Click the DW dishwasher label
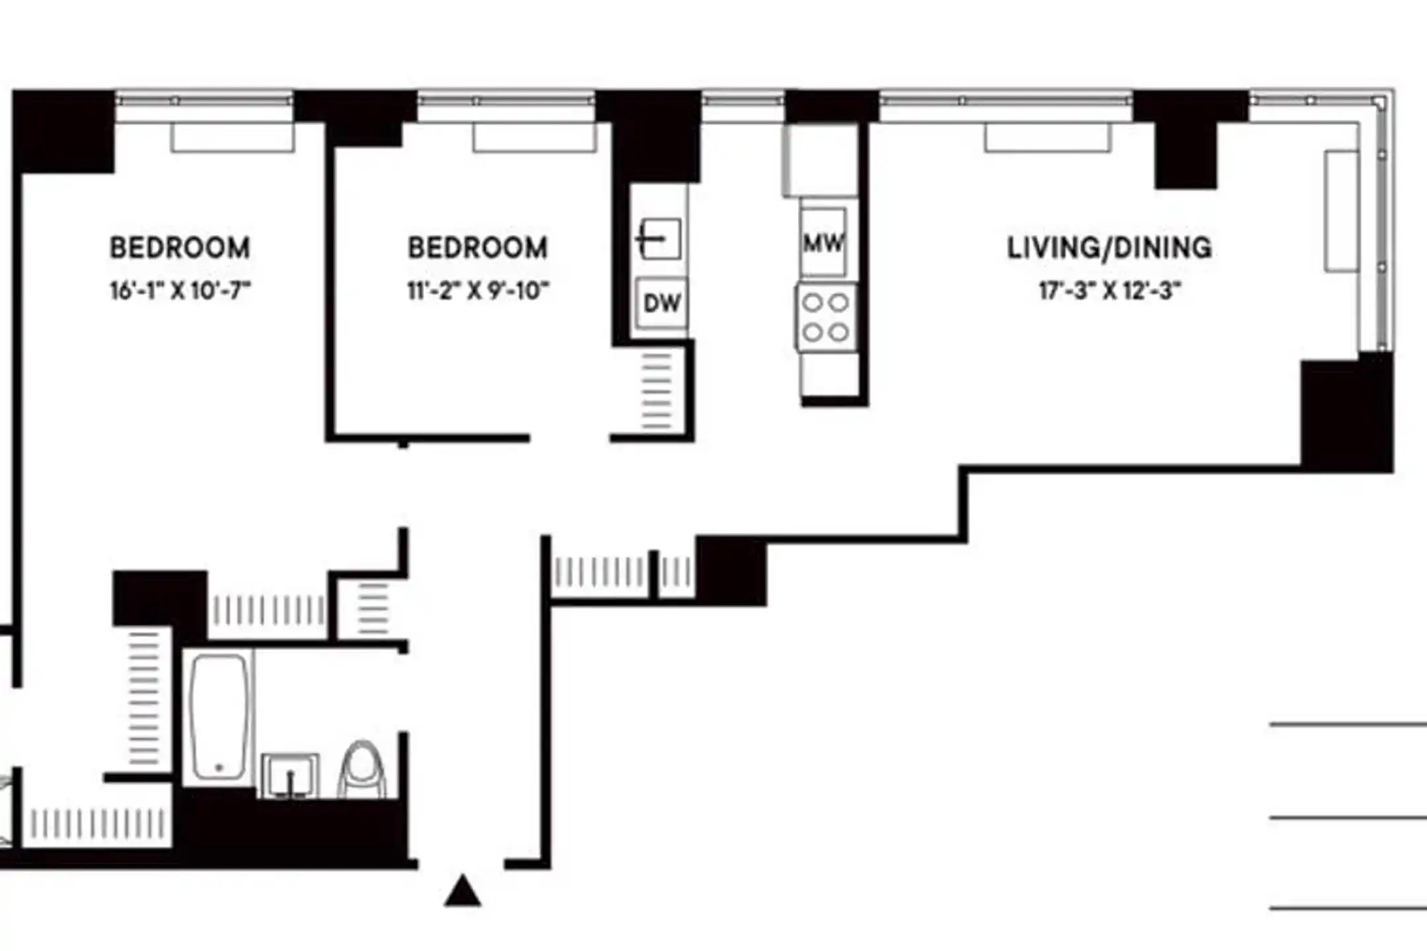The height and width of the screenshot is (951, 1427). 661,303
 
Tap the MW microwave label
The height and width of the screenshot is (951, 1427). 823,243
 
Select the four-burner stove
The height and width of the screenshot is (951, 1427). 826,317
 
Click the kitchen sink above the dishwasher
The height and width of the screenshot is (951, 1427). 659,238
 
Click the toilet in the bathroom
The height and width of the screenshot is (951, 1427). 361,769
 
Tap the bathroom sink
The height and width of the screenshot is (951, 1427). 290,775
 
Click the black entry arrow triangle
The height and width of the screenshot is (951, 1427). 462,891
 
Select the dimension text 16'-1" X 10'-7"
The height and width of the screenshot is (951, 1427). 180,291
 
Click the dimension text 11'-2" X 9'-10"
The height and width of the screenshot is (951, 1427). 478,291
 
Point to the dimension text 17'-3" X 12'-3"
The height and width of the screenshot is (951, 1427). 1109,291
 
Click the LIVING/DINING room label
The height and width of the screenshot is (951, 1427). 1109,248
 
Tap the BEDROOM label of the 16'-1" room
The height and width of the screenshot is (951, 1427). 180,248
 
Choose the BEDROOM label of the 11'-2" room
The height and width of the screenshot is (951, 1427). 478,248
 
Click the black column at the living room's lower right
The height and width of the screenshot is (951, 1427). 1346,415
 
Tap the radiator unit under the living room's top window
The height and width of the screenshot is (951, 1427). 1048,138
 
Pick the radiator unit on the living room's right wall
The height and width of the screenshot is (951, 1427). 1341,211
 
